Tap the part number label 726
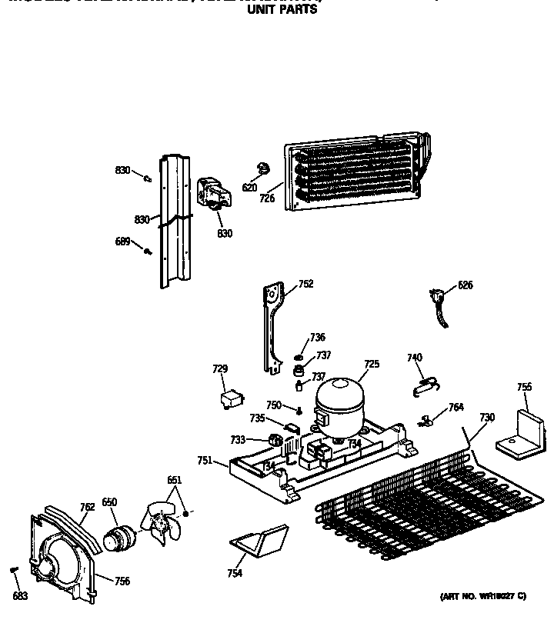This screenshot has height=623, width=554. [x=267, y=198]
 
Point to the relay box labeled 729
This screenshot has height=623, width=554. [x=229, y=400]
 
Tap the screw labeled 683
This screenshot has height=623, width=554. [x=14, y=570]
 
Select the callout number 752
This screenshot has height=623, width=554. [x=305, y=284]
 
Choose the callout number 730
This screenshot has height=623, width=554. [x=486, y=418]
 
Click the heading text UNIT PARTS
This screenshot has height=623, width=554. [x=281, y=11]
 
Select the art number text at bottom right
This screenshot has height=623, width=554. [x=482, y=596]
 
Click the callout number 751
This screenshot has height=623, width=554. [x=204, y=460]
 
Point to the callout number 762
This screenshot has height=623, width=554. [x=87, y=506]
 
